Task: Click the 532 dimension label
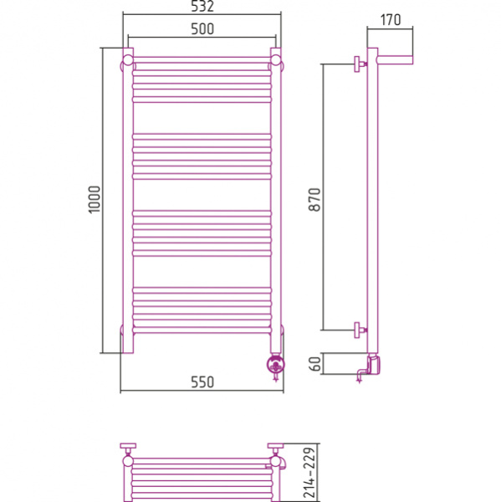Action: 202,7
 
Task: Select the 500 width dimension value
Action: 202,29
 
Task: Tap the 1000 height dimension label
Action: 95,199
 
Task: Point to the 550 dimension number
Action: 202,382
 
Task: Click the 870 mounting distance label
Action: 314,199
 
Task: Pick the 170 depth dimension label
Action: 391,20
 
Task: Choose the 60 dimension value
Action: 315,364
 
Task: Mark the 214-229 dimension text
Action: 309,473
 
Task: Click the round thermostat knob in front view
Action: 276,364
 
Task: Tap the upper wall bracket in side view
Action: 360,64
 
